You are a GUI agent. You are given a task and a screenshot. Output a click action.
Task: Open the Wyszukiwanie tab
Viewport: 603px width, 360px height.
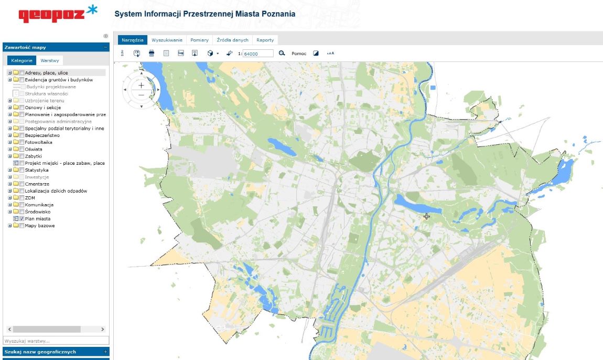click(x=167, y=40)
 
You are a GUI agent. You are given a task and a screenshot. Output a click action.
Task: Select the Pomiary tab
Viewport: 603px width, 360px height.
click(x=199, y=40)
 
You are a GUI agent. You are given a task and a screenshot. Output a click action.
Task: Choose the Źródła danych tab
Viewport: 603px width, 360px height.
click(x=232, y=40)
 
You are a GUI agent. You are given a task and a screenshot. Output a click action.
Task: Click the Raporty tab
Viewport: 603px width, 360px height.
click(x=265, y=40)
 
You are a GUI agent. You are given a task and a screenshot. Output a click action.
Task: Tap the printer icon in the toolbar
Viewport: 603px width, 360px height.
click(x=152, y=53)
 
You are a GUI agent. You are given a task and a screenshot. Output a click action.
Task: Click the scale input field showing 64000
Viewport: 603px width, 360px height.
click(x=259, y=54)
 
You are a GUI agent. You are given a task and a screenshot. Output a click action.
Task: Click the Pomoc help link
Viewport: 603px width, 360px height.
click(x=299, y=54)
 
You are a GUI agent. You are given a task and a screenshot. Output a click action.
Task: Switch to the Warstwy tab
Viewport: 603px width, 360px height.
click(x=50, y=60)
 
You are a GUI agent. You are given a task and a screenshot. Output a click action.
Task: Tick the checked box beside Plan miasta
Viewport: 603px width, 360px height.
click(x=22, y=219)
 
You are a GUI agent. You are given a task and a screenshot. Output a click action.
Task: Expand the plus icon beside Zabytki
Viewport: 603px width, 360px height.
click(x=9, y=156)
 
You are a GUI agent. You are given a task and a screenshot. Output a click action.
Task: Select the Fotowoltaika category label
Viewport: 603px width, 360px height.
click(x=38, y=142)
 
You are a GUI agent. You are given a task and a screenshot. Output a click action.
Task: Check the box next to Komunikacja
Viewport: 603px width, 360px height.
click(x=22, y=205)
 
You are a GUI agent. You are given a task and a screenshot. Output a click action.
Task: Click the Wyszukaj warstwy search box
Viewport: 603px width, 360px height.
click(x=56, y=341)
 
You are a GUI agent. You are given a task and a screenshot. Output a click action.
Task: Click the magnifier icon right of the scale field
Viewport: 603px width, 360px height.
click(x=282, y=53)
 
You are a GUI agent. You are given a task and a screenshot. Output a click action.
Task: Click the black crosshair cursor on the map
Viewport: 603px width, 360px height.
click(x=427, y=216)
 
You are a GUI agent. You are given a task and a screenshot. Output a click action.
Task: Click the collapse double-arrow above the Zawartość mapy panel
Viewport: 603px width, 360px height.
click(x=105, y=36)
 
